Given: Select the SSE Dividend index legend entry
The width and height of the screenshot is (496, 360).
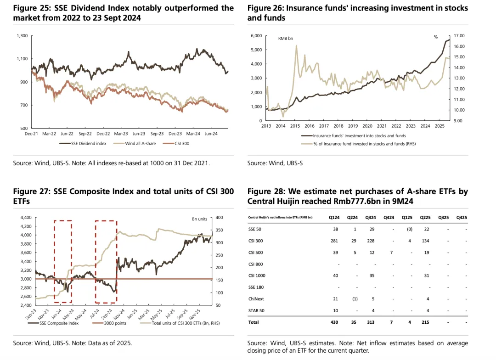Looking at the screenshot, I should click(89, 144).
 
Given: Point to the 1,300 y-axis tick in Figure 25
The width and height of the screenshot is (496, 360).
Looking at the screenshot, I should click(22, 36).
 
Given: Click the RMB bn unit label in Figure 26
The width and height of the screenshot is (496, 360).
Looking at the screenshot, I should click(286, 39).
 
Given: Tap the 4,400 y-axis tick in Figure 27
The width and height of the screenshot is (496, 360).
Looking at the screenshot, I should click(24, 217).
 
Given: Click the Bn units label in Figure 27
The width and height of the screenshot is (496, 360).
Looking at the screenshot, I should click(199, 219).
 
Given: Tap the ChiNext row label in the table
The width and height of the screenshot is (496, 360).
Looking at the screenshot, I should click(256, 299).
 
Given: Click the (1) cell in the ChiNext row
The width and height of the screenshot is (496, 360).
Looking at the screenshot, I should click(353, 299).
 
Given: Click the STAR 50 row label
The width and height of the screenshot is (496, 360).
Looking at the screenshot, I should click(257, 311).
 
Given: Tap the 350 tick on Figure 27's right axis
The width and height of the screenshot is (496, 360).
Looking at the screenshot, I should click(219, 230).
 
